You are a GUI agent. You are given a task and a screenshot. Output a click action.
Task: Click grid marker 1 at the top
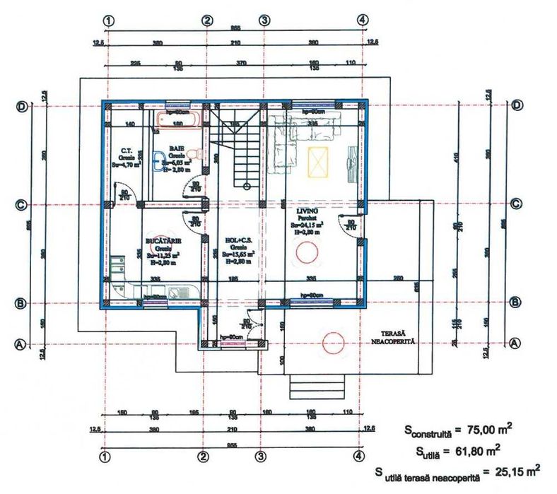click(107, 20)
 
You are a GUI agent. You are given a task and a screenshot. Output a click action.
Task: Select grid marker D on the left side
click(21, 106)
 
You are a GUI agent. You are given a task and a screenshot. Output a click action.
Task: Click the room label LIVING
click(307, 211)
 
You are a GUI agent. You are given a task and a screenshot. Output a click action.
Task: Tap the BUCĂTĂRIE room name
click(163, 241)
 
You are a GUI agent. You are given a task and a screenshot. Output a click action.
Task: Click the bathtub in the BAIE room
click(180, 117)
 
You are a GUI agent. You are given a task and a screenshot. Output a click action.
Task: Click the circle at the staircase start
click(245, 187)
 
